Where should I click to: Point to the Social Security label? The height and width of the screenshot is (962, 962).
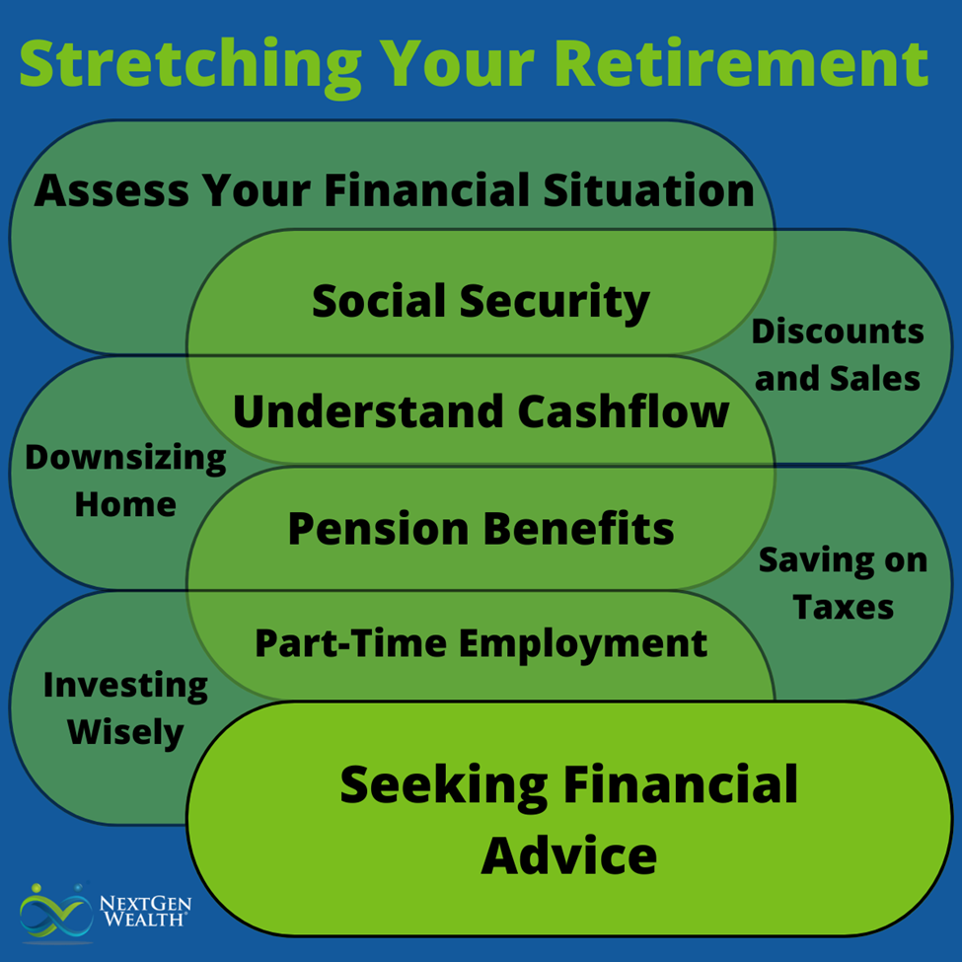[x=481, y=301]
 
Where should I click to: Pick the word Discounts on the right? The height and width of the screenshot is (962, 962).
[x=838, y=332]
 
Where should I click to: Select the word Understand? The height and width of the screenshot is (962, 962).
[x=352, y=411]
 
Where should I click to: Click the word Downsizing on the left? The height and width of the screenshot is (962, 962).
[x=125, y=458]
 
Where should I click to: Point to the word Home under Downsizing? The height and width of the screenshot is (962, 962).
[x=125, y=504]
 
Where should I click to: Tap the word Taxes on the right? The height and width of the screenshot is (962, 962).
[x=843, y=607]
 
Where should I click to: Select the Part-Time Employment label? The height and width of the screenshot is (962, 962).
[x=481, y=643]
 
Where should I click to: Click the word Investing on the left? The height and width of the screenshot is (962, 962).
[x=125, y=686]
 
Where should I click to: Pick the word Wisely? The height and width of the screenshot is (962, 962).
[x=125, y=732]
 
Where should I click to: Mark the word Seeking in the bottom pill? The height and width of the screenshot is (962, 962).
[x=442, y=785]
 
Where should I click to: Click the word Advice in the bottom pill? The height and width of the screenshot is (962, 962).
[x=568, y=854]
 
